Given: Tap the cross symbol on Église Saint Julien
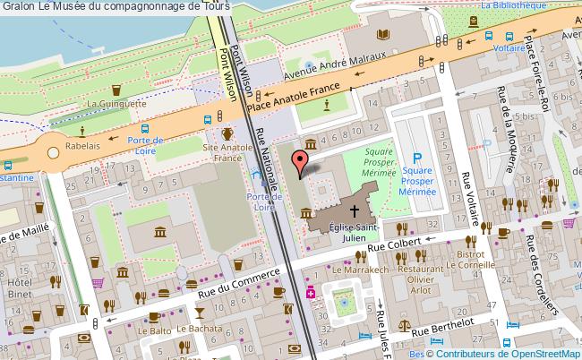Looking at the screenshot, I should click(354, 211).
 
